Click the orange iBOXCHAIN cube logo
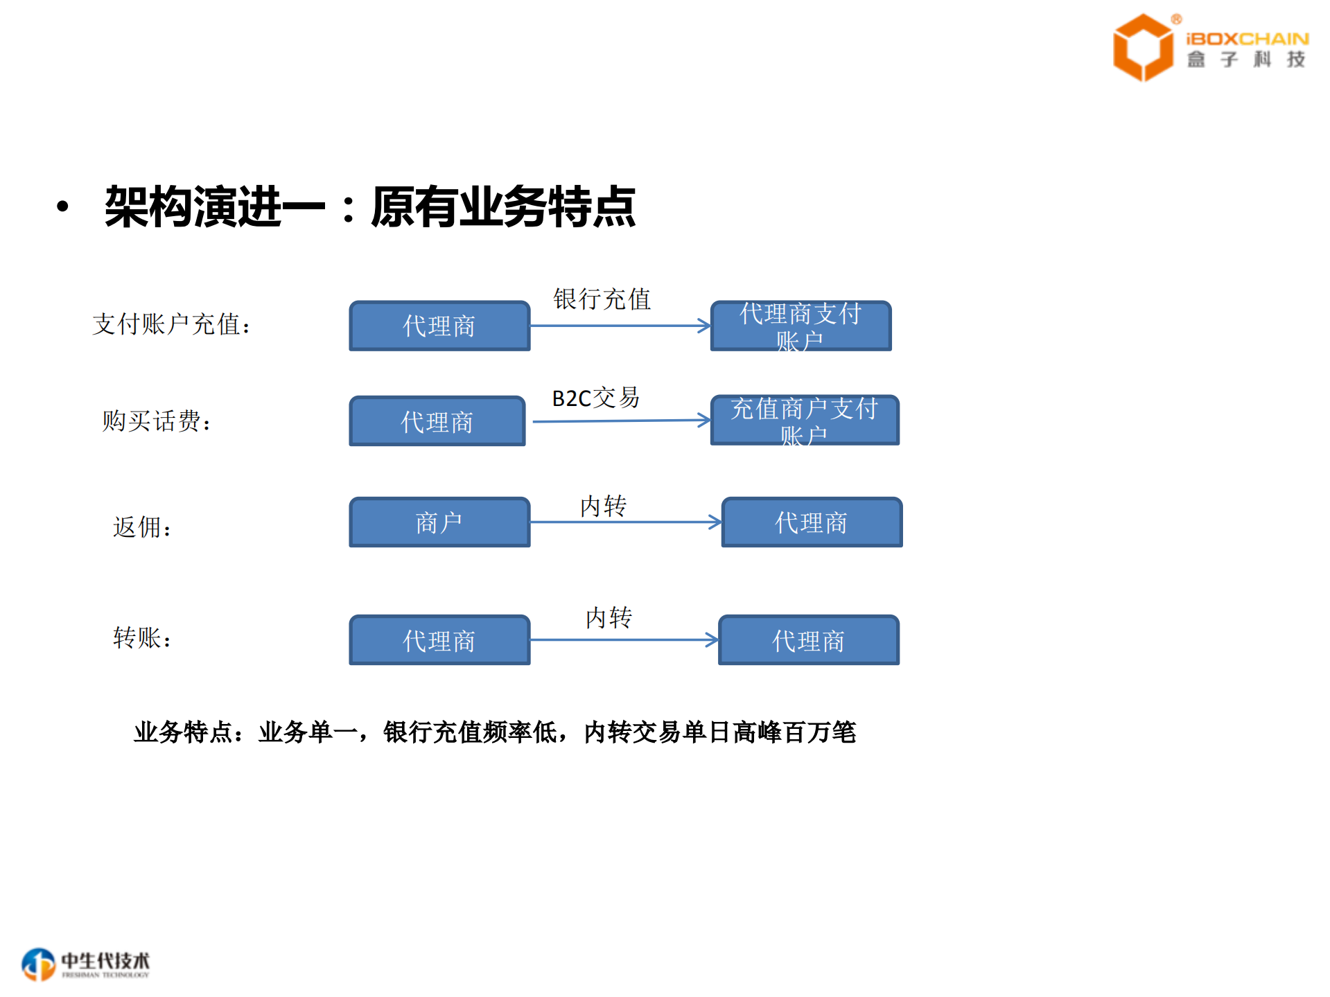point(1142,47)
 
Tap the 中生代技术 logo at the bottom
point(85,964)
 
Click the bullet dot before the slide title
point(63,206)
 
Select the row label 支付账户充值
point(170,324)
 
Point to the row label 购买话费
point(156,421)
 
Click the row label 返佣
point(142,527)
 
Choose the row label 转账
point(142,637)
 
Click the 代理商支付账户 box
point(800,326)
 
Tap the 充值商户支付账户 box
point(805,421)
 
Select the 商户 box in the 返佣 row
point(439,522)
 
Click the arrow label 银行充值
point(602,299)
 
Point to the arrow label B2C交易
point(595,398)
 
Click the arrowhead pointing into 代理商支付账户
point(705,326)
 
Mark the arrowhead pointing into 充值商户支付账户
point(705,420)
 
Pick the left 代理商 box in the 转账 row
point(439,640)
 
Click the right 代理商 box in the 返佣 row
point(812,522)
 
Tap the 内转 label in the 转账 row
point(609,617)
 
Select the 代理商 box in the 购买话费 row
point(437,421)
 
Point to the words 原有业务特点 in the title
point(503,206)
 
